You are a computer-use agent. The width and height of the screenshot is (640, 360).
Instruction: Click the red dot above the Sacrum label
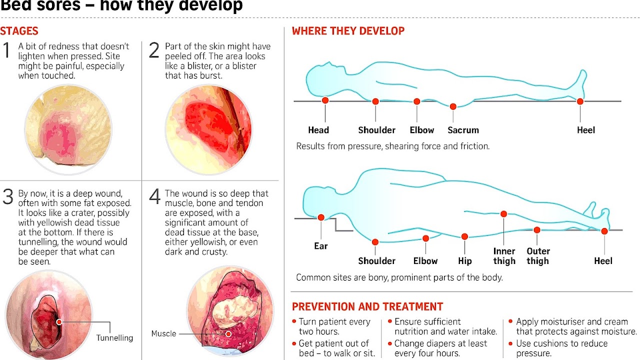[x=453, y=106]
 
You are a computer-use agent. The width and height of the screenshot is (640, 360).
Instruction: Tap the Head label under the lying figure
[x=318, y=130]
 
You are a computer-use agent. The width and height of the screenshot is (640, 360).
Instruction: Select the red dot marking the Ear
[x=321, y=217]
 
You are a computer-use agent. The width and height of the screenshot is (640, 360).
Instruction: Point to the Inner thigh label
[x=504, y=256]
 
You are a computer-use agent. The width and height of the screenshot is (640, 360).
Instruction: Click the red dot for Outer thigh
[x=536, y=230]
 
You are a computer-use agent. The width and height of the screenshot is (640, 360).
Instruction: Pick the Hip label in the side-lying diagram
[x=465, y=261]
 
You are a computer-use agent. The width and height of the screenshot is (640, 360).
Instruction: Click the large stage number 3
[x=7, y=197]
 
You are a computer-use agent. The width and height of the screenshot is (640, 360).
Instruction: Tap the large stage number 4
[x=154, y=197]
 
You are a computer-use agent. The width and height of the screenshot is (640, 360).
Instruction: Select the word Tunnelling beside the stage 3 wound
[x=114, y=338]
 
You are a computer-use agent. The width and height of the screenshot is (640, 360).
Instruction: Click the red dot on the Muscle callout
[x=228, y=333]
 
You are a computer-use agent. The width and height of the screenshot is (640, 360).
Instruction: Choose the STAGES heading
[x=19, y=31]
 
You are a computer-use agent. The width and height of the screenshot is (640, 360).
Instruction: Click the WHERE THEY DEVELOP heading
[x=348, y=31]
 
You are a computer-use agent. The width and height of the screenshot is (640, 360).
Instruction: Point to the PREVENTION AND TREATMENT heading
[x=367, y=306]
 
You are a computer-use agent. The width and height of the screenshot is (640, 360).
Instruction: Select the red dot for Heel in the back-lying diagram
[x=580, y=101]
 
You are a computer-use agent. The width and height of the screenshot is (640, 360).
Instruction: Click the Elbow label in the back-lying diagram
[x=422, y=130]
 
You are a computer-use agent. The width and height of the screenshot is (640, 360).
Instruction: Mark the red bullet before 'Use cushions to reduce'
[x=510, y=343]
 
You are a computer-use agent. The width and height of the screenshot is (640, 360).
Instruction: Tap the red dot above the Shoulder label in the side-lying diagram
[x=375, y=242]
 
